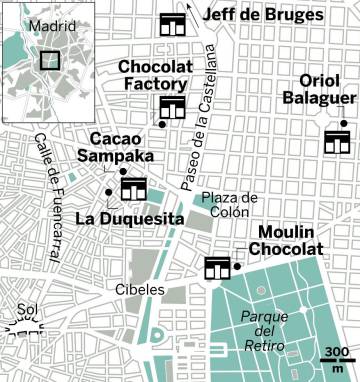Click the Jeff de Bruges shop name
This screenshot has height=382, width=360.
pos(263,16)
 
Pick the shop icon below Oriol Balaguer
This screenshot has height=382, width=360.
pos(336,141)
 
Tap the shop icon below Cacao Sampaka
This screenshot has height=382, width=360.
pos(133,188)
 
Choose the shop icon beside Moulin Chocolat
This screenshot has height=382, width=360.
pos(217,267)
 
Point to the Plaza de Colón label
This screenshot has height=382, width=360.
pos(230,205)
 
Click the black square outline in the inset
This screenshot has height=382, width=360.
pos(49,58)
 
